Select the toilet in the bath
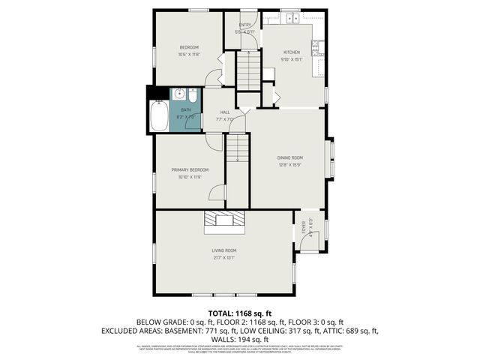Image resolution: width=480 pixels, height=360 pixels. (193, 96)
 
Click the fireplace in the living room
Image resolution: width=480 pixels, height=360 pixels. (223, 219)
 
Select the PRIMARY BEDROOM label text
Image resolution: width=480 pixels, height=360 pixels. (189, 170)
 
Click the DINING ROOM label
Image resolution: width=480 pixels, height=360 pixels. (289, 157)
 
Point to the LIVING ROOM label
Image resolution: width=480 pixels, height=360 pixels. (224, 250)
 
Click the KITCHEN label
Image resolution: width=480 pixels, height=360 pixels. (291, 52)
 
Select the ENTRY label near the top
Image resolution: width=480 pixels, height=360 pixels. (245, 25)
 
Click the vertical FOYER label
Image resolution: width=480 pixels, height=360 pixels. (304, 226)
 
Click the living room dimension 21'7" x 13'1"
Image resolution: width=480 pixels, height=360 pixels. (224, 257)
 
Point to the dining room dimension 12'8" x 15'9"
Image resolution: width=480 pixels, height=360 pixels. (289, 164)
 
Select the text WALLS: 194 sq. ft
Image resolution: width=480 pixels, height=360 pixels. (240, 340)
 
